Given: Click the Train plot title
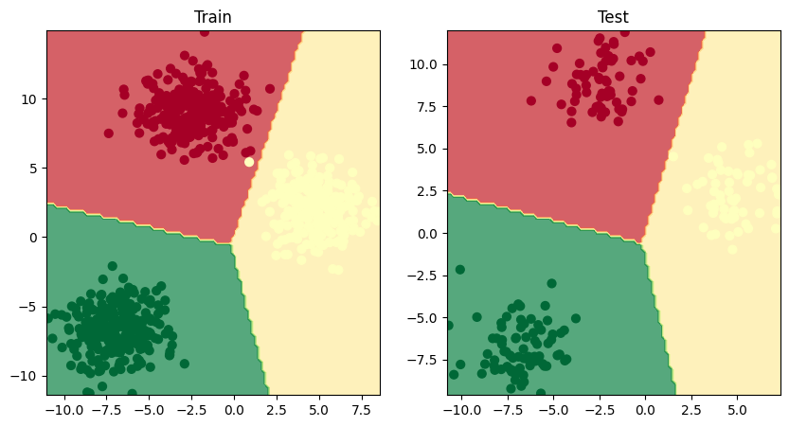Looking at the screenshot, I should [213, 17].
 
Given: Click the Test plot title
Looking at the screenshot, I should [613, 17].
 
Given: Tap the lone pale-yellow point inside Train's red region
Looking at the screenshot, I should [249, 162].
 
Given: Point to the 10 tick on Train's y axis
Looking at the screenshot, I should [29, 98].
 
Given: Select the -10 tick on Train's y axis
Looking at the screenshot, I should [26, 376].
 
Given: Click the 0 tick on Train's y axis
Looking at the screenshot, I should [32, 237].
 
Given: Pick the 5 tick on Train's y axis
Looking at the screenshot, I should [32, 168].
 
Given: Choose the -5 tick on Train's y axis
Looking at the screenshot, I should [29, 307].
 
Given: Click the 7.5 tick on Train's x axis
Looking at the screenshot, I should [360, 412].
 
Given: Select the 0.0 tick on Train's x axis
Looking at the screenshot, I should [233, 412].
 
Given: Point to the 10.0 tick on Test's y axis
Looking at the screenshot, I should [423, 64].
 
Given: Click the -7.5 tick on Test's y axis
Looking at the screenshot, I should [423, 360].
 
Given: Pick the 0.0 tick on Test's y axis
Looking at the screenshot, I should [427, 233].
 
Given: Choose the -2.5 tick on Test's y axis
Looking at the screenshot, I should [423, 276].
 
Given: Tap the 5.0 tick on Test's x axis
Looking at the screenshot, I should [736, 412].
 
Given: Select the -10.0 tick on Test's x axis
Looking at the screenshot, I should [461, 412].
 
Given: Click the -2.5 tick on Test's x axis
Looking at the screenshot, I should [599, 412].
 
